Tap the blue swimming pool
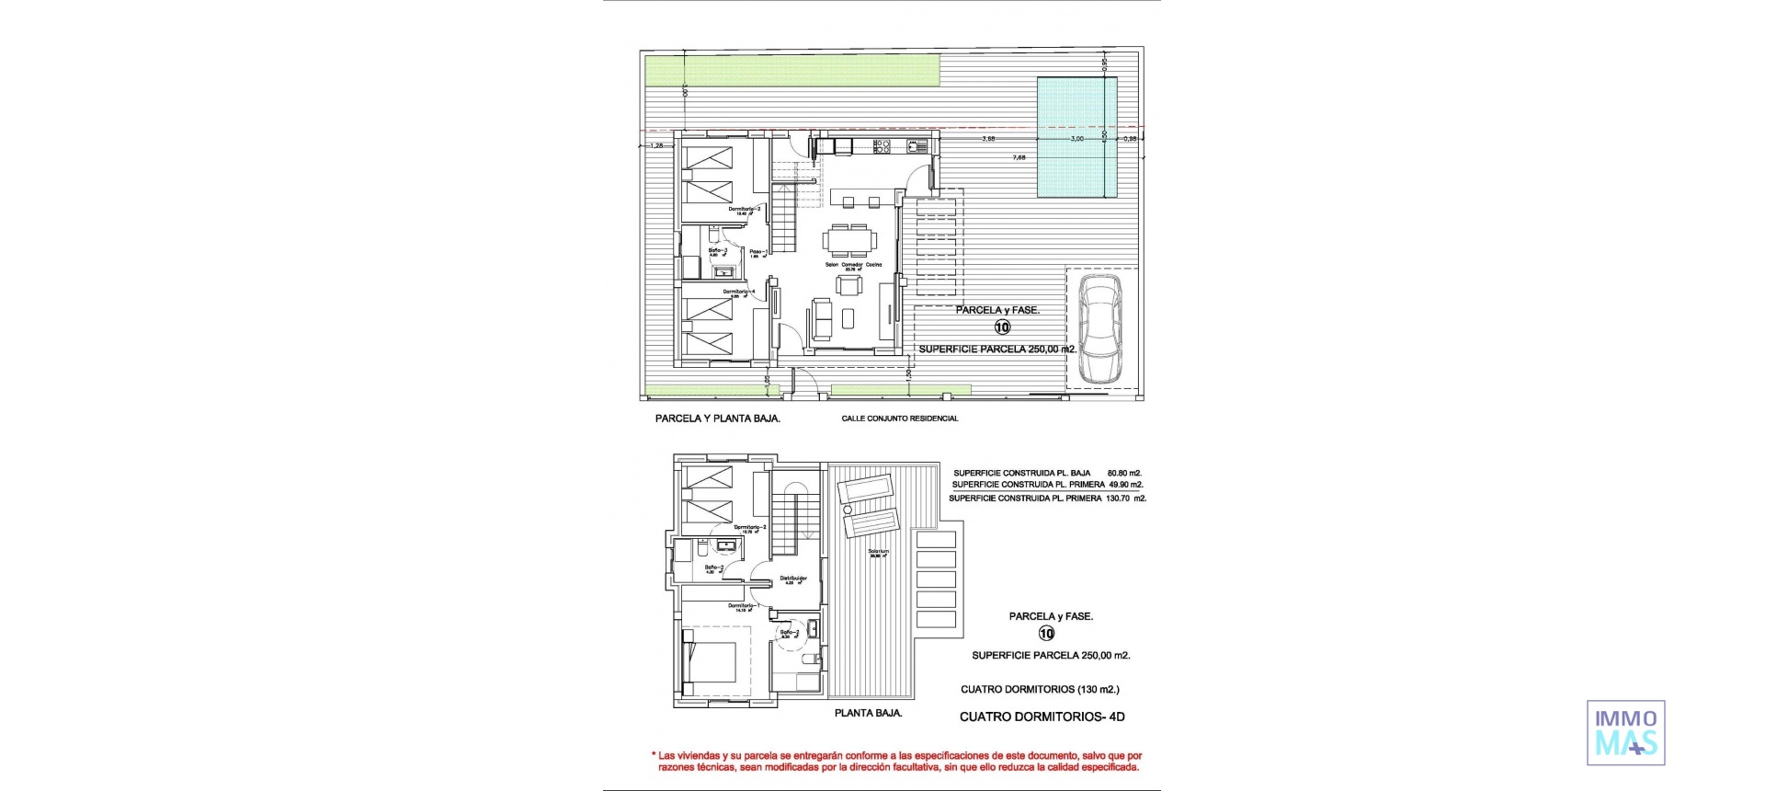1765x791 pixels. tap(1076, 137)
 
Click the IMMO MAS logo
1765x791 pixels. tap(1625, 732)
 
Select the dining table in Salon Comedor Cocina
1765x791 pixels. tap(849, 242)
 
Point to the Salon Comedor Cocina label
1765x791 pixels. tap(853, 265)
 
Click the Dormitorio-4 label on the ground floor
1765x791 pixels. tap(738, 292)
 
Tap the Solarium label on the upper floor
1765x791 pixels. tap(878, 552)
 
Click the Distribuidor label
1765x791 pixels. tap(793, 579)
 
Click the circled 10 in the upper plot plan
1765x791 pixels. tap(1002, 327)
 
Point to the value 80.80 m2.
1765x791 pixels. tap(1124, 473)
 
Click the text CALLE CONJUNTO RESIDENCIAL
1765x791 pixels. tap(899, 418)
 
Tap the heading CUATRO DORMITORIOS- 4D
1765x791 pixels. tap(1042, 716)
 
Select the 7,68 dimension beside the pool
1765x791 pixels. tap(1019, 157)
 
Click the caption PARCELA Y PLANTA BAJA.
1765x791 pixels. tap(717, 418)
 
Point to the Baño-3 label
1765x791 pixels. tap(718, 250)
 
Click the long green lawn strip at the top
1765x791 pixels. tap(791, 69)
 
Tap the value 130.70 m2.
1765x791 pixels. tap(1127, 498)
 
